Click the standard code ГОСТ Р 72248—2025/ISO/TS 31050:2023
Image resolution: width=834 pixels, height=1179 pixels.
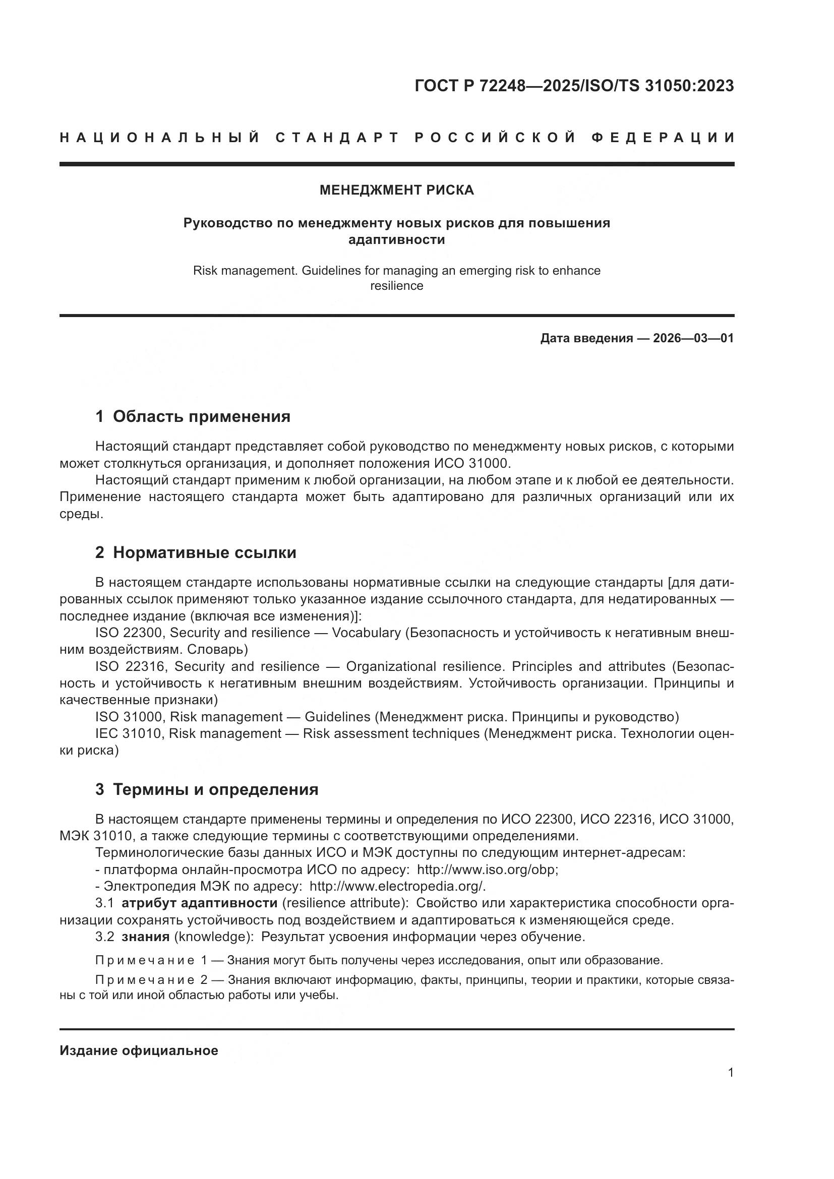[x=574, y=86]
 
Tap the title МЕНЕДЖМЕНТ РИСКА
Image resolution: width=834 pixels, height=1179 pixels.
[x=396, y=190]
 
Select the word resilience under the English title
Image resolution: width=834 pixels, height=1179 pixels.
[x=396, y=286]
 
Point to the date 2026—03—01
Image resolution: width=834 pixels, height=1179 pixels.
[x=693, y=338]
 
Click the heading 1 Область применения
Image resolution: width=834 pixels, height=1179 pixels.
[x=193, y=416]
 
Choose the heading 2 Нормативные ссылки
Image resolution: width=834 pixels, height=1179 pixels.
[x=196, y=552]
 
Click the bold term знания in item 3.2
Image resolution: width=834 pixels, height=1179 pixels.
[x=145, y=937]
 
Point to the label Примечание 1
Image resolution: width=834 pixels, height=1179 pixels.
[x=151, y=960]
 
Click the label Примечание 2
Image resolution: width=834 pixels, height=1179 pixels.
[x=151, y=980]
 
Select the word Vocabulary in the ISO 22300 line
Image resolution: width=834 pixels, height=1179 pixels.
[x=366, y=633]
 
